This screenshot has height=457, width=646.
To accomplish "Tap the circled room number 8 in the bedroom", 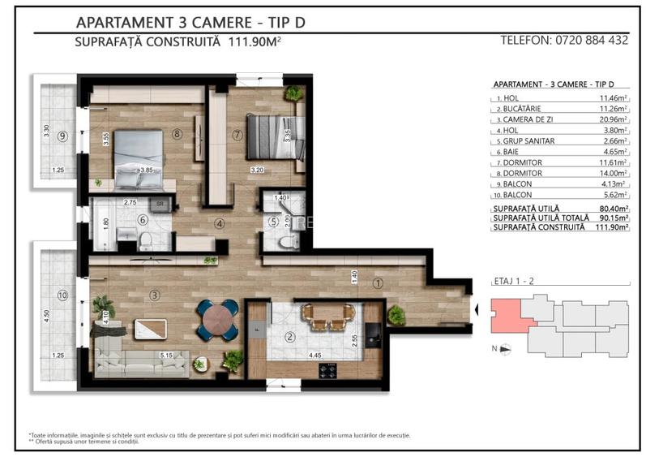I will point(177,135).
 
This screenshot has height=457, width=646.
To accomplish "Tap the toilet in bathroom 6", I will point(143,239).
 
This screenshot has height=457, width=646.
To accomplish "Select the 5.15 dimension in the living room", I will point(169,355).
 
